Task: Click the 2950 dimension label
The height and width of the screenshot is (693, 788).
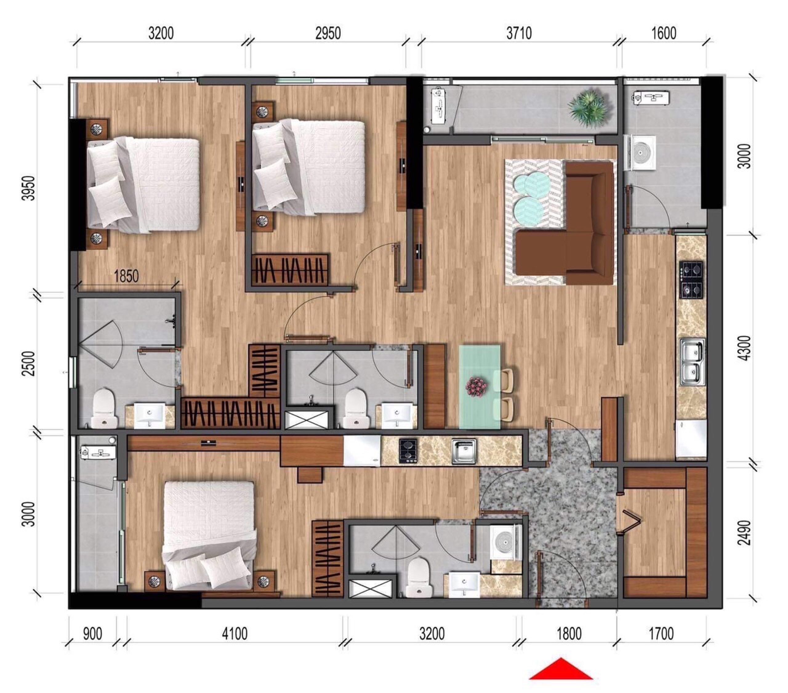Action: [328, 34]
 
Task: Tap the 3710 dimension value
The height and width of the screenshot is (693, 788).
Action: [519, 34]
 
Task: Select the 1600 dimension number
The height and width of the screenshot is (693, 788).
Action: [664, 34]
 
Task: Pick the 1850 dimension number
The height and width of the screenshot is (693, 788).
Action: [127, 276]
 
